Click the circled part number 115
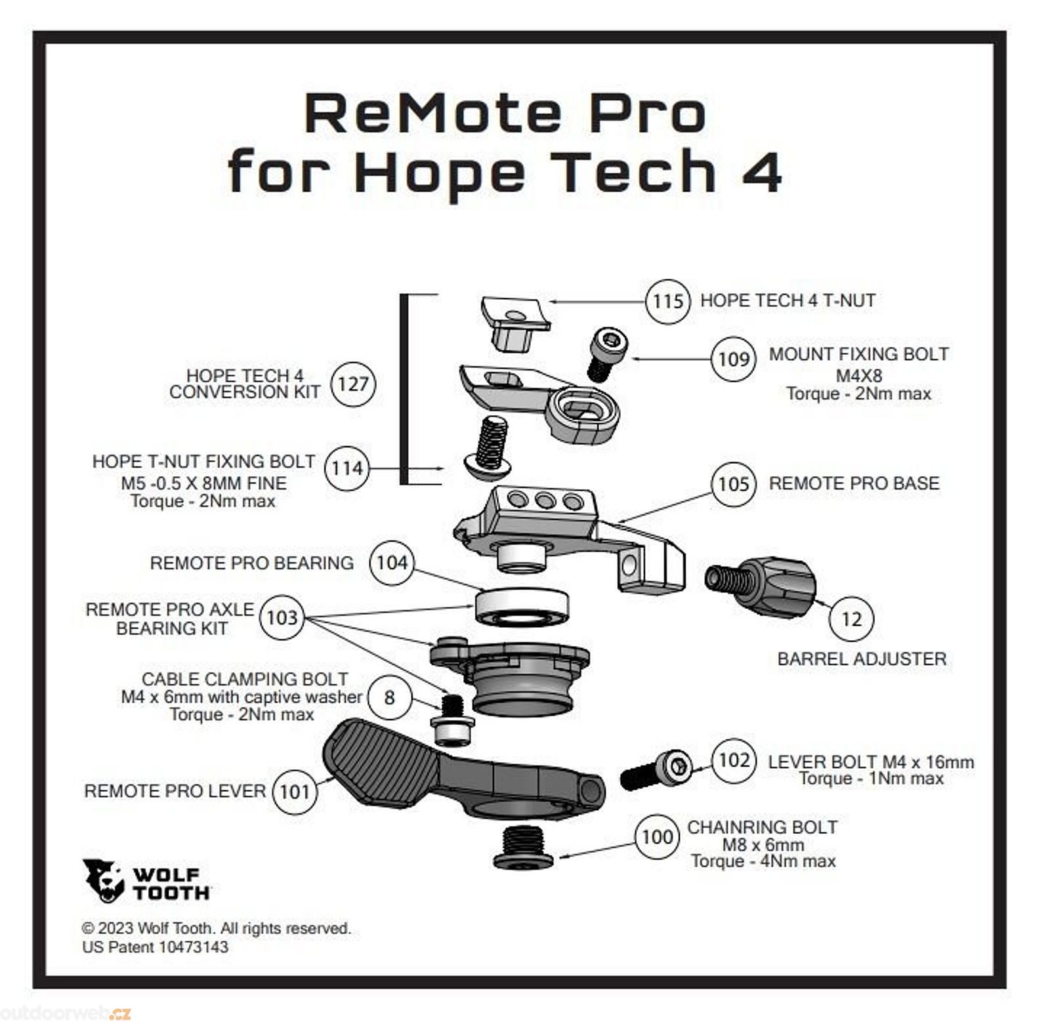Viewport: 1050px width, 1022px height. click(667, 301)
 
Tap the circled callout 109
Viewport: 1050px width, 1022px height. click(733, 359)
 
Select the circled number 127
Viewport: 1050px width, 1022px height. click(353, 384)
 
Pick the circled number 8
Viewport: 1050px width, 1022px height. click(389, 697)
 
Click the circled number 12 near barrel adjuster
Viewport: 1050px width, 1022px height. click(850, 619)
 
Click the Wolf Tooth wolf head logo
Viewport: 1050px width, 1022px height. click(103, 880)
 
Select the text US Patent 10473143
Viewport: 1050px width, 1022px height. click(155, 947)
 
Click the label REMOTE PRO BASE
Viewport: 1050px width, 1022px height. click(853, 483)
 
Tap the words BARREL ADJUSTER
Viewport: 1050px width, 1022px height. click(861, 659)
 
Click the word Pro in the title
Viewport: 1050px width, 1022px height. click(646, 113)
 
